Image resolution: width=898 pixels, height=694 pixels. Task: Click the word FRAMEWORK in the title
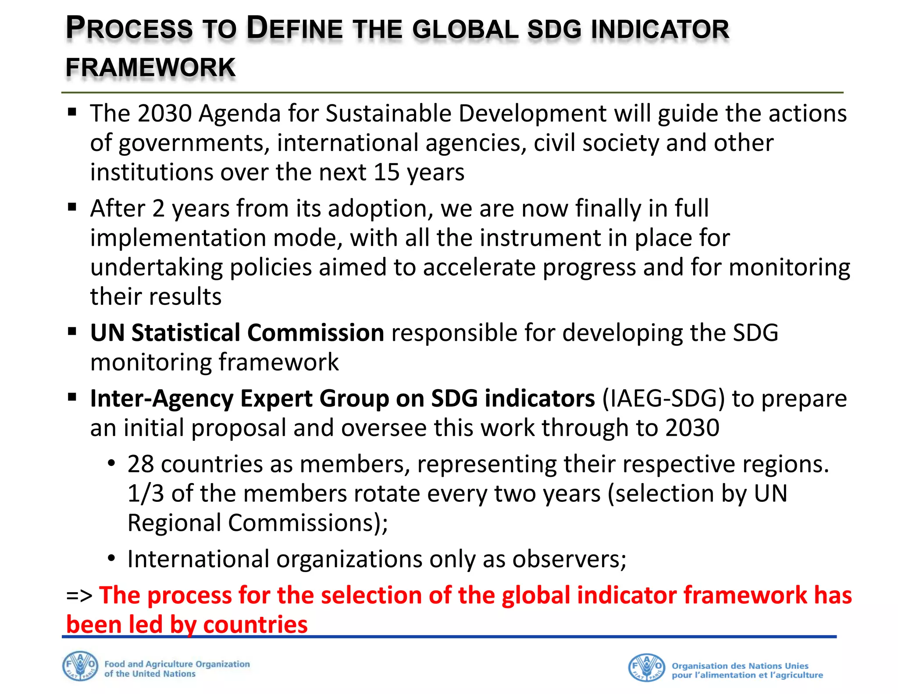tap(150, 68)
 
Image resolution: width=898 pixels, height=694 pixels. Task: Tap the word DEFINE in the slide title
tap(294, 28)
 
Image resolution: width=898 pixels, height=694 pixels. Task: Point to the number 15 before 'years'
tap(386, 172)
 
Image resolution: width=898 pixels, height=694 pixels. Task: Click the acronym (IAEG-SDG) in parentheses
tap(663, 399)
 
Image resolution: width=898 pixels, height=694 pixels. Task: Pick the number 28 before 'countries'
tap(140, 464)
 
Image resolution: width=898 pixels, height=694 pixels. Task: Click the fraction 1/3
tap(146, 494)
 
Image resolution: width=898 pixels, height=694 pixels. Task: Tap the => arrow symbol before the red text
tap(79, 596)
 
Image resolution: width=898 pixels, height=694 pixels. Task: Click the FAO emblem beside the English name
tap(80, 666)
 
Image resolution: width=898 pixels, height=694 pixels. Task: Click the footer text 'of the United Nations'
tap(150, 674)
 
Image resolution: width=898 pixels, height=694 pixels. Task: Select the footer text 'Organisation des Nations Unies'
tap(740, 665)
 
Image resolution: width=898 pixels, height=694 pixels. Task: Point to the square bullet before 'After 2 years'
tap(72, 207)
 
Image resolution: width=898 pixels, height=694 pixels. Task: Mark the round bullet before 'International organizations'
tap(112, 558)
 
